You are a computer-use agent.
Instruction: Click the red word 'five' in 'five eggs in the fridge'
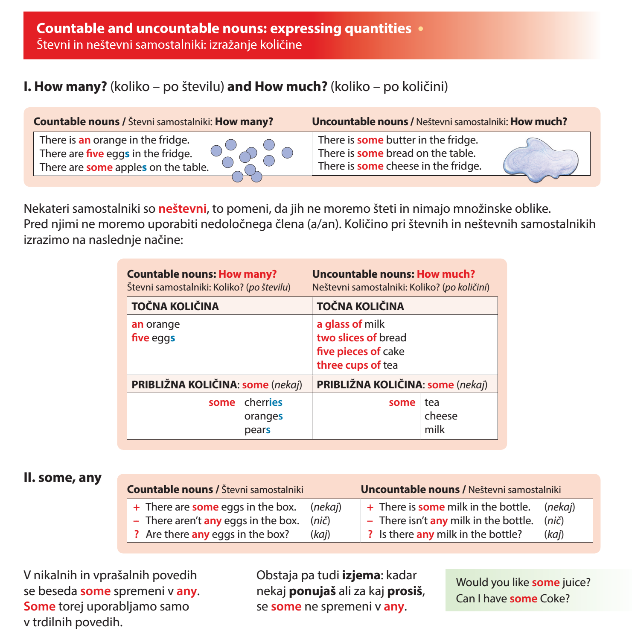point(95,154)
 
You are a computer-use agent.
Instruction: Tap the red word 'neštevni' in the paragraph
point(182,209)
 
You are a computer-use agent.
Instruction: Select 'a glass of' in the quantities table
point(339,324)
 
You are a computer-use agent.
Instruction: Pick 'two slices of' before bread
point(346,338)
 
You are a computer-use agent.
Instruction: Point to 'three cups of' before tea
point(348,365)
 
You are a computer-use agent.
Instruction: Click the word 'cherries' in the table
point(263,402)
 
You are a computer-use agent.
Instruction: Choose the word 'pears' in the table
point(257,430)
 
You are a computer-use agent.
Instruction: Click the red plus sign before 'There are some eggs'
point(137,508)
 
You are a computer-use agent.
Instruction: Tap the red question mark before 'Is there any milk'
point(370,534)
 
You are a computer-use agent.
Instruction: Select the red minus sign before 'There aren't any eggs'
point(137,521)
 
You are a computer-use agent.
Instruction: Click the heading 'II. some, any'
point(62,478)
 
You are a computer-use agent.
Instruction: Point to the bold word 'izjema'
point(361,575)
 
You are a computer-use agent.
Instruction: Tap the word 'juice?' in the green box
point(576,582)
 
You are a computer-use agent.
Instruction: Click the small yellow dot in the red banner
point(421,29)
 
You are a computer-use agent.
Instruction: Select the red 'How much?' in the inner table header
point(446,274)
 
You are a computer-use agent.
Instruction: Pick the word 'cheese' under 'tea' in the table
point(441,416)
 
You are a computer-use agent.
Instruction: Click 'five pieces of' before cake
point(348,352)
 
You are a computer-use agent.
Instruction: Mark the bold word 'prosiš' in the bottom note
point(405,591)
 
